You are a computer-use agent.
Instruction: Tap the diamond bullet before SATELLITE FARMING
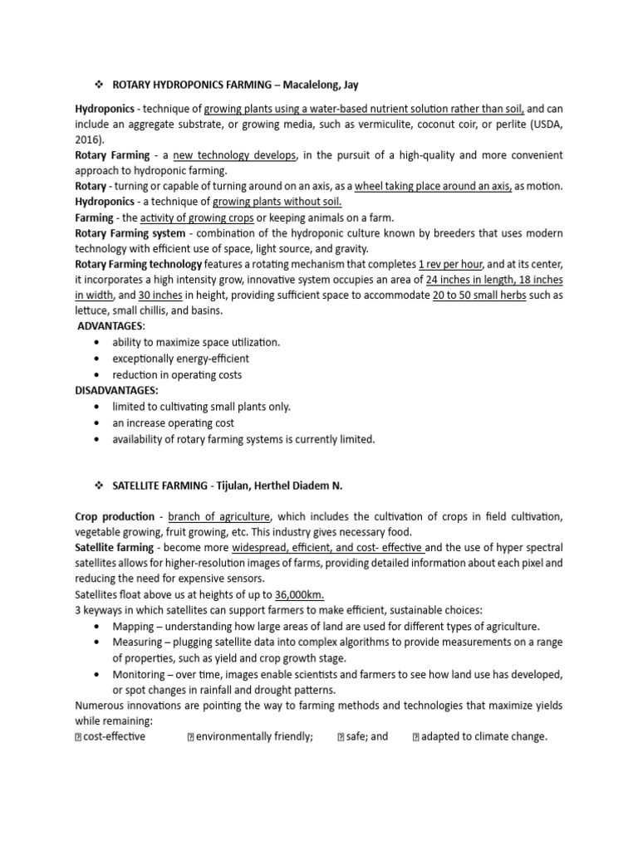pos(97,485)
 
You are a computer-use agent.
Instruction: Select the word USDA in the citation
pos(541,124)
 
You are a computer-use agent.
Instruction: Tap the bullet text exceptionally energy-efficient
pos(180,359)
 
